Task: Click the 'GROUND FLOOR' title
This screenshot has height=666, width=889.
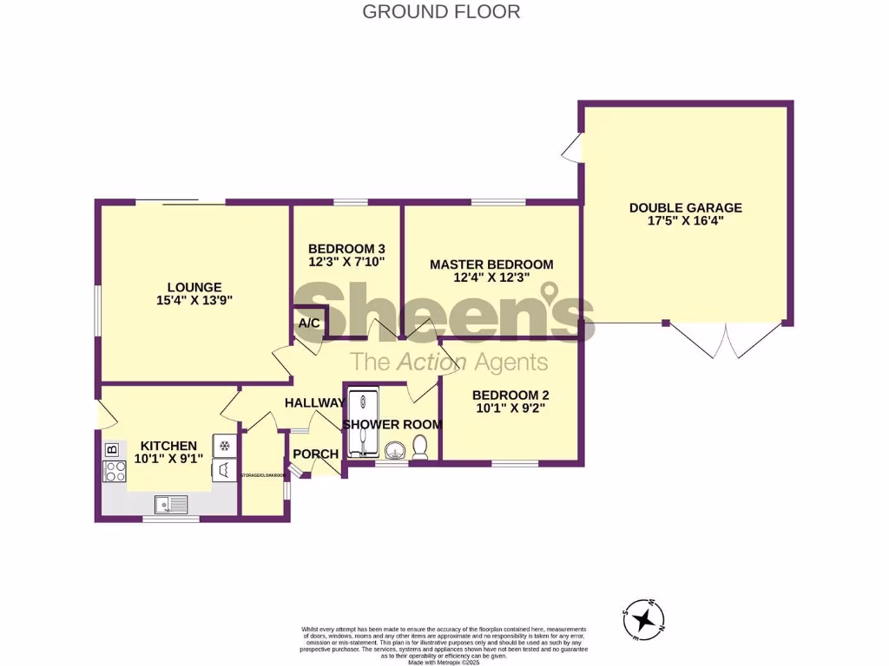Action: point(441,11)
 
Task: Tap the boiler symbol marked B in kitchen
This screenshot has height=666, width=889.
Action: point(112,449)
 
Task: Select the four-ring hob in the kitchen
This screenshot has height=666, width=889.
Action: point(114,472)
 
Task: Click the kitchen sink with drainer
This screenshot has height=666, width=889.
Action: point(168,502)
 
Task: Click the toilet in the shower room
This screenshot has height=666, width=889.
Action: point(420,447)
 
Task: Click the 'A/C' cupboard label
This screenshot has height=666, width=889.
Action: point(309,323)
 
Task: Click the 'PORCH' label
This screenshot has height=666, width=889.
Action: point(315,454)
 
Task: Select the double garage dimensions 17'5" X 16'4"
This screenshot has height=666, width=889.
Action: point(685,221)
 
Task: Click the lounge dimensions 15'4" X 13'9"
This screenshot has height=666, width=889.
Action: point(194,301)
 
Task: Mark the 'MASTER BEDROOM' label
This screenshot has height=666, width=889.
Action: point(491,264)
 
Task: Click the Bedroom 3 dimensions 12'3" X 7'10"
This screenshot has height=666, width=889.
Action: point(346,261)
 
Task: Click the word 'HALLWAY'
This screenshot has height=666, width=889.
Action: point(315,402)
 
